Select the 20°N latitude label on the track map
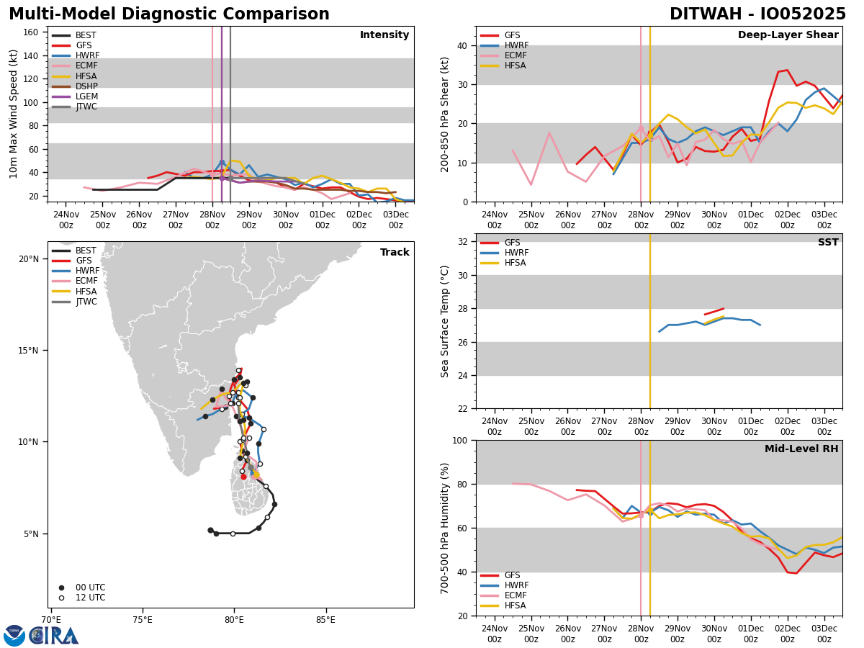point(29,259)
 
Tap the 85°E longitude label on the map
point(325,619)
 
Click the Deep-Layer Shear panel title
point(788,35)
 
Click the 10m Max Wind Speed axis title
point(14,114)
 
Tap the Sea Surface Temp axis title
point(445,321)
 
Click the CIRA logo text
point(54,635)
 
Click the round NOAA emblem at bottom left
point(14,635)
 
